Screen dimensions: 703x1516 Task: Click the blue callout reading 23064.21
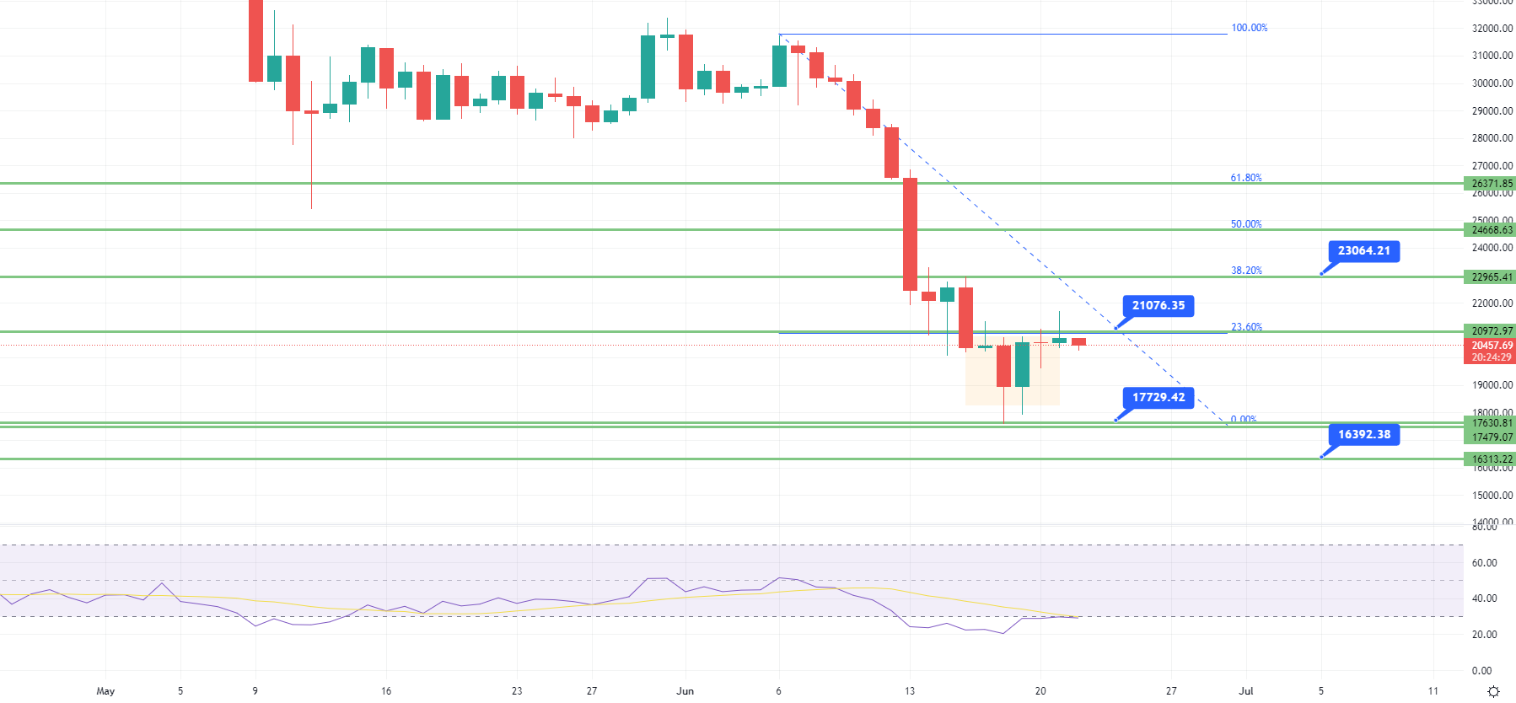(1363, 251)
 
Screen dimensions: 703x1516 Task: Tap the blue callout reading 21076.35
(1158, 306)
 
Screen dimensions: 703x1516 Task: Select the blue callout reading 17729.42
(1158, 398)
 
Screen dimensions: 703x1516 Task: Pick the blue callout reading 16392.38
(1363, 435)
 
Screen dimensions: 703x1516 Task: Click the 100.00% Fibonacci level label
(1249, 28)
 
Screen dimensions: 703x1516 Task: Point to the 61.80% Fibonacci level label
(1245, 178)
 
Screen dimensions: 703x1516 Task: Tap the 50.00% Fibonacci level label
(1245, 224)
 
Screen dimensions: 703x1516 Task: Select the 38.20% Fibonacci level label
(1245, 271)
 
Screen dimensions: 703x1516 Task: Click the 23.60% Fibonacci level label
(1246, 327)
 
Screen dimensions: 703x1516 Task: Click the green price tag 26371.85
(1491, 184)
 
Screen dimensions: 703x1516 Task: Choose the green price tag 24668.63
(1491, 230)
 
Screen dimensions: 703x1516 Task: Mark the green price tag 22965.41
(1491, 277)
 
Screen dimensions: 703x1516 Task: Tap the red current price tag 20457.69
(1491, 346)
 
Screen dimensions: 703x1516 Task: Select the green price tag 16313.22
(1491, 459)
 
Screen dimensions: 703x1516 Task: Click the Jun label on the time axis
(685, 691)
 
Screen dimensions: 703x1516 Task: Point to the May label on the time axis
(105, 691)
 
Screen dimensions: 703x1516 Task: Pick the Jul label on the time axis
(1245, 691)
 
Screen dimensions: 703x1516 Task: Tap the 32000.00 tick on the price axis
(1492, 29)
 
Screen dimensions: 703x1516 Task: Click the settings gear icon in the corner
(1493, 691)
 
